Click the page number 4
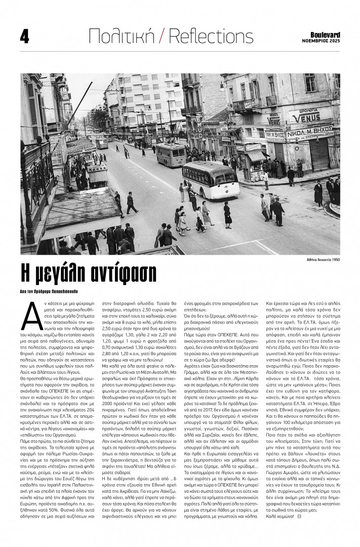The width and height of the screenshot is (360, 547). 24,36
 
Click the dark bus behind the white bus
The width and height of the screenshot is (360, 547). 171,154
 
